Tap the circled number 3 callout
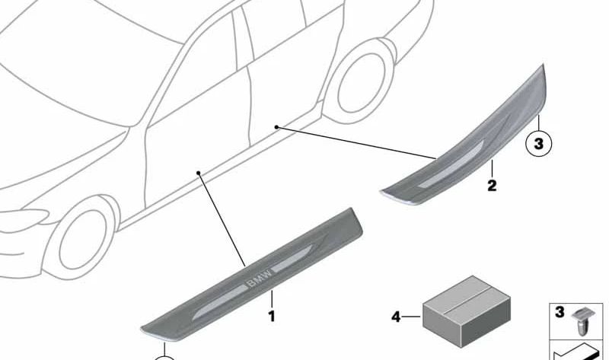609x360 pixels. [538, 144]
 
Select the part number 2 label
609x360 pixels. [492, 185]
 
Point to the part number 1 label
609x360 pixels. [272, 316]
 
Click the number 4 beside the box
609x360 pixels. [396, 317]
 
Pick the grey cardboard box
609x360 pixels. [466, 311]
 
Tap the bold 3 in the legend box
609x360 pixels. [560, 312]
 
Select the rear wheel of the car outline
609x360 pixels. [359, 81]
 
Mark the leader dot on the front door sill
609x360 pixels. [198, 173]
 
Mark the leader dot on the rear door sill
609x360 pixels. [276, 127]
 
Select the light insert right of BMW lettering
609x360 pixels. [292, 258]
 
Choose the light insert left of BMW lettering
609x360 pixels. [219, 302]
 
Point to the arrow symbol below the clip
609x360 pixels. [578, 352]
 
